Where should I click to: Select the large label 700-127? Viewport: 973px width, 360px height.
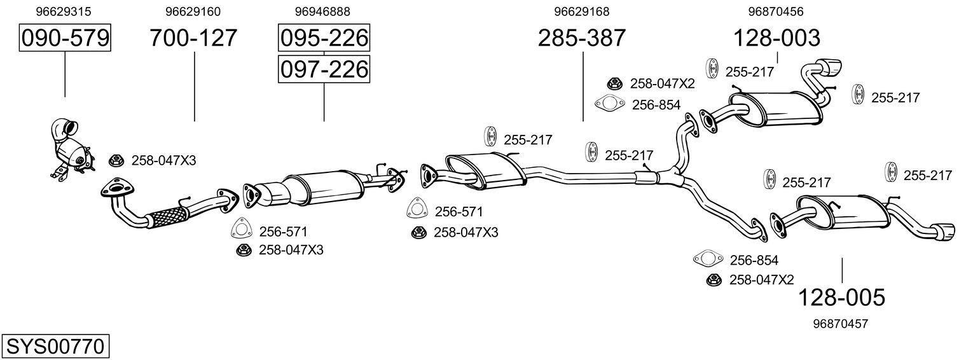[x=193, y=38]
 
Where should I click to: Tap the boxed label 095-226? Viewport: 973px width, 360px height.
[x=323, y=38]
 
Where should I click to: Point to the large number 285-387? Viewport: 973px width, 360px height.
[x=581, y=38]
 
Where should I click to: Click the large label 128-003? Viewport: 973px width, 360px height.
[x=776, y=38]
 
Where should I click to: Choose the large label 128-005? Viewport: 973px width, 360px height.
[x=841, y=297]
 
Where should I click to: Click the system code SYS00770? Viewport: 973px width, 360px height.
[x=55, y=347]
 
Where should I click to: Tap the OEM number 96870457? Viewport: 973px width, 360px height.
[x=840, y=324]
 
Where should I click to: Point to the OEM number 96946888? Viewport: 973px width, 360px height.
[x=322, y=11]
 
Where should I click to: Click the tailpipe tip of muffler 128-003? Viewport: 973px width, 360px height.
[x=831, y=66]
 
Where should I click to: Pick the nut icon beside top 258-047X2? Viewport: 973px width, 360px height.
[x=615, y=83]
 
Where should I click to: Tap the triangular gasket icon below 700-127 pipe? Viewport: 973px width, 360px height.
[x=242, y=229]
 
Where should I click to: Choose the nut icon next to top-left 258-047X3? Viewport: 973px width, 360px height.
[x=116, y=160]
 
